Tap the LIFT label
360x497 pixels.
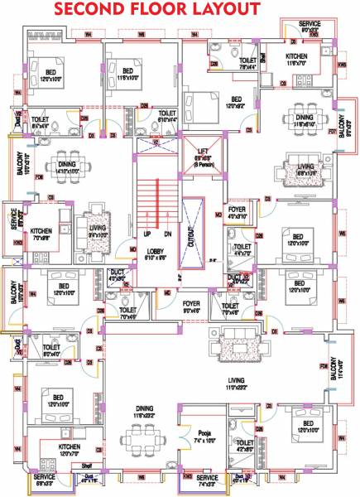[x=204, y=152]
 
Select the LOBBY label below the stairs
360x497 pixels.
[x=156, y=253]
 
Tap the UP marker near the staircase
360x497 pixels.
[x=146, y=235]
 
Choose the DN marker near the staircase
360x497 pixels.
[x=167, y=235]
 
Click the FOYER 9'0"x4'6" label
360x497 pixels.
[x=192, y=307]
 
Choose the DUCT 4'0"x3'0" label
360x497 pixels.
[x=115, y=277]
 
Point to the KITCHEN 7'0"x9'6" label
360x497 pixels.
[x=42, y=234]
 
